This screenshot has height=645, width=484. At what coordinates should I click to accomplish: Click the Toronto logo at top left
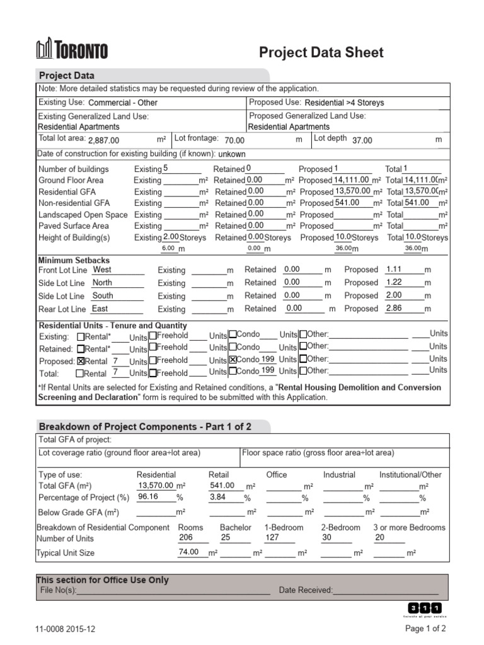point(72,50)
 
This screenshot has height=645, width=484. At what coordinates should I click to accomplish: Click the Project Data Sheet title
point(321,52)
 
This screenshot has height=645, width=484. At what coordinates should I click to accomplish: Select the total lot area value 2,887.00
point(103,140)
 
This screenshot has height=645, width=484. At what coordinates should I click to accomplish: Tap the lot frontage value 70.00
point(234,140)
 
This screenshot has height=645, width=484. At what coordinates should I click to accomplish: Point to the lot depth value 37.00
point(362,140)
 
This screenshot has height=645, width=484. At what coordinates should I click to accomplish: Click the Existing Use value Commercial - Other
point(123,103)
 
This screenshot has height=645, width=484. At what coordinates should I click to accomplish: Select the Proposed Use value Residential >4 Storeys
point(344,103)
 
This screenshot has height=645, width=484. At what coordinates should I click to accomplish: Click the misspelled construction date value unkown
point(232,154)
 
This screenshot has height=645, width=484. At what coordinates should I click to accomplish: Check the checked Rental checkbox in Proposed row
point(80,362)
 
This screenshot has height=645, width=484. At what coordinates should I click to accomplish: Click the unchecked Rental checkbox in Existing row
point(80,336)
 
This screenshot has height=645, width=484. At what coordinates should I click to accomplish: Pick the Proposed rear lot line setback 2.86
point(394,308)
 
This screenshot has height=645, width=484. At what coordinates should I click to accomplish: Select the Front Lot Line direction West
point(102,270)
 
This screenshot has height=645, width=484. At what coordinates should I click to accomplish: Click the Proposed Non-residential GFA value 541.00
point(347,203)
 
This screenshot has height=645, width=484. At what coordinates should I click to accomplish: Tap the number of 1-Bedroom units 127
point(272,538)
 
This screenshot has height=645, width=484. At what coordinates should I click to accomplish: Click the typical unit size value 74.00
point(188,552)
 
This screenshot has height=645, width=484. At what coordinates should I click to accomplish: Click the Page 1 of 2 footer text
point(425,629)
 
